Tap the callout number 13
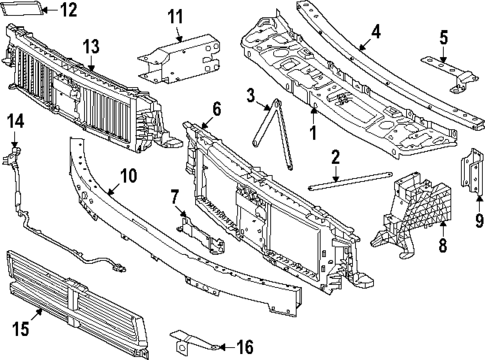pos(91,46)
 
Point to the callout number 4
pos(375,31)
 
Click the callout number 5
pos(443,38)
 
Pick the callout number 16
pos(243,347)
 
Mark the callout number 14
pos(15,121)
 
